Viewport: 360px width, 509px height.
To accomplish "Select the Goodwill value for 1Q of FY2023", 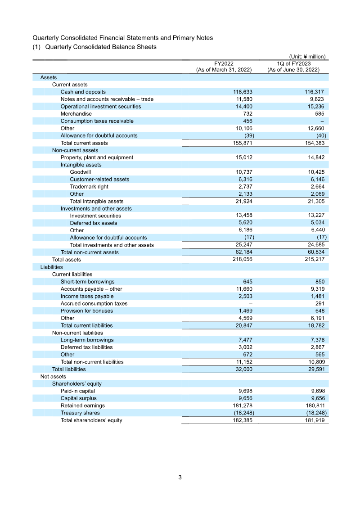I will pos(315,172).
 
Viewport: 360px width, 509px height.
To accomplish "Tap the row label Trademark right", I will pos(89,186).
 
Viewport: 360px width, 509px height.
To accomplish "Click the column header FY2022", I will pos(224,63).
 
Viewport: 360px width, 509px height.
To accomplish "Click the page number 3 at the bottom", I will pos(180,477).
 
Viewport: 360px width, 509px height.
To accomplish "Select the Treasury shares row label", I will pos(80,413).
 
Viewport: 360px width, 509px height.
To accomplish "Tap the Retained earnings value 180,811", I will pos(314,405).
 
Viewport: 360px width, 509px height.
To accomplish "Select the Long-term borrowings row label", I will pos(87,340).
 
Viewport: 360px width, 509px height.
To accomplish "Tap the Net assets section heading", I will pos(53,376).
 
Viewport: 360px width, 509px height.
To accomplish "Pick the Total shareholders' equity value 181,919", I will pos(314,420).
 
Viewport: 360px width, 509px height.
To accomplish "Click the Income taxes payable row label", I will pos(87,296).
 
